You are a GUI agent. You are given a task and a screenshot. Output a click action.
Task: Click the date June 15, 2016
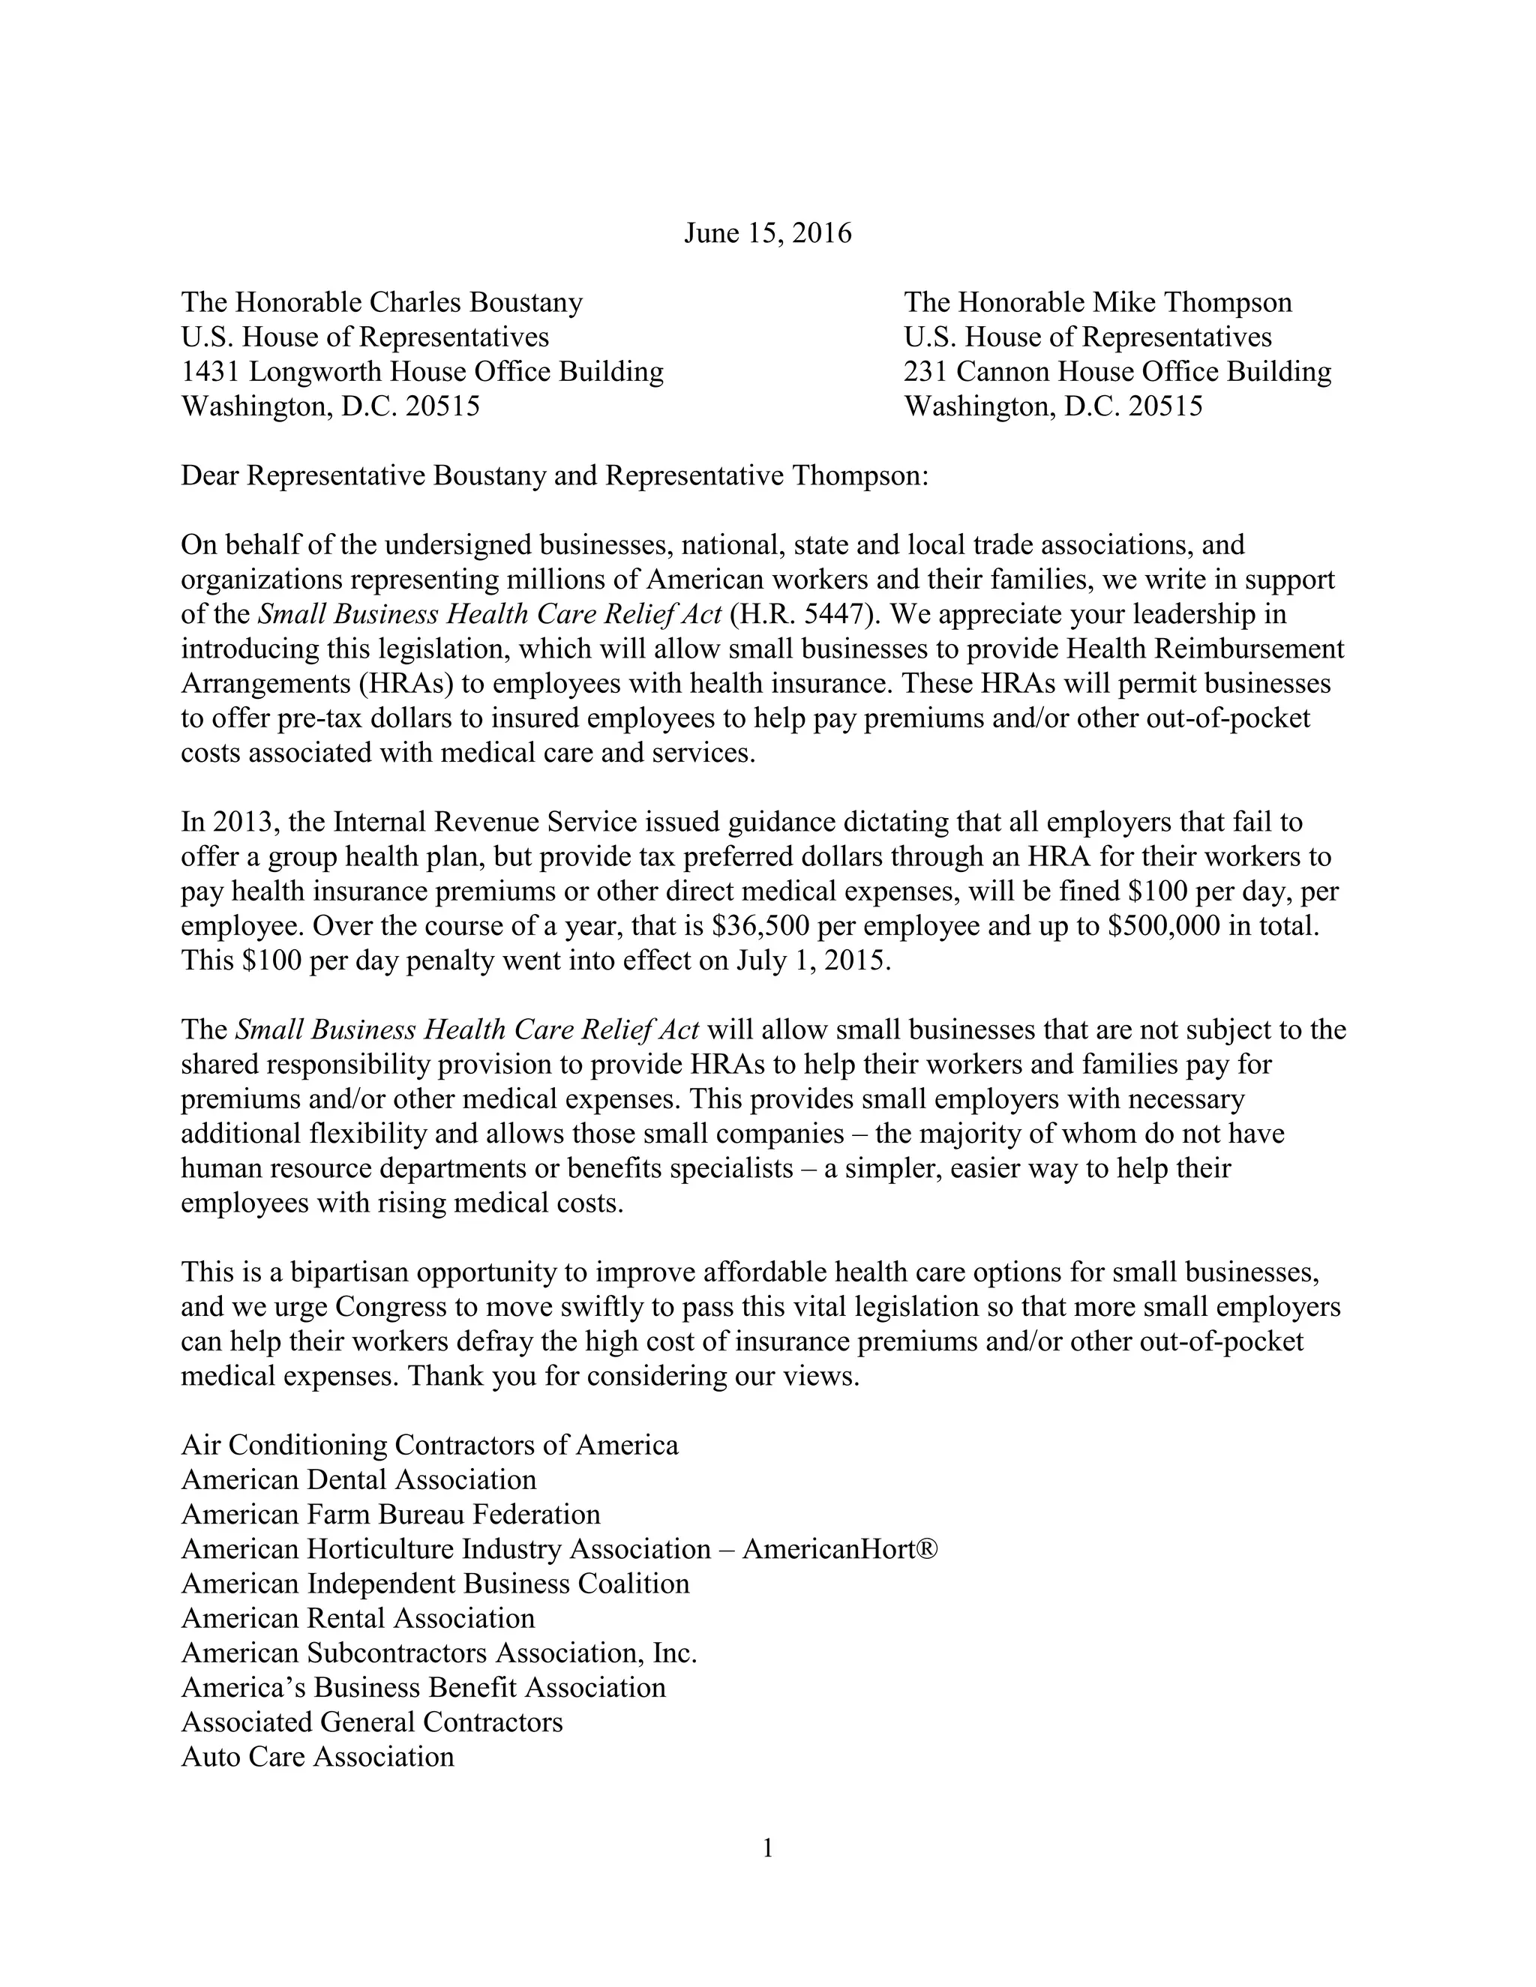[767, 234]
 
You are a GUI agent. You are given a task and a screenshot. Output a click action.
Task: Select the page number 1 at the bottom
[767, 1849]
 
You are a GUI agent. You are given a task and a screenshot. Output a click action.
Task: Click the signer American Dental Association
[358, 1480]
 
